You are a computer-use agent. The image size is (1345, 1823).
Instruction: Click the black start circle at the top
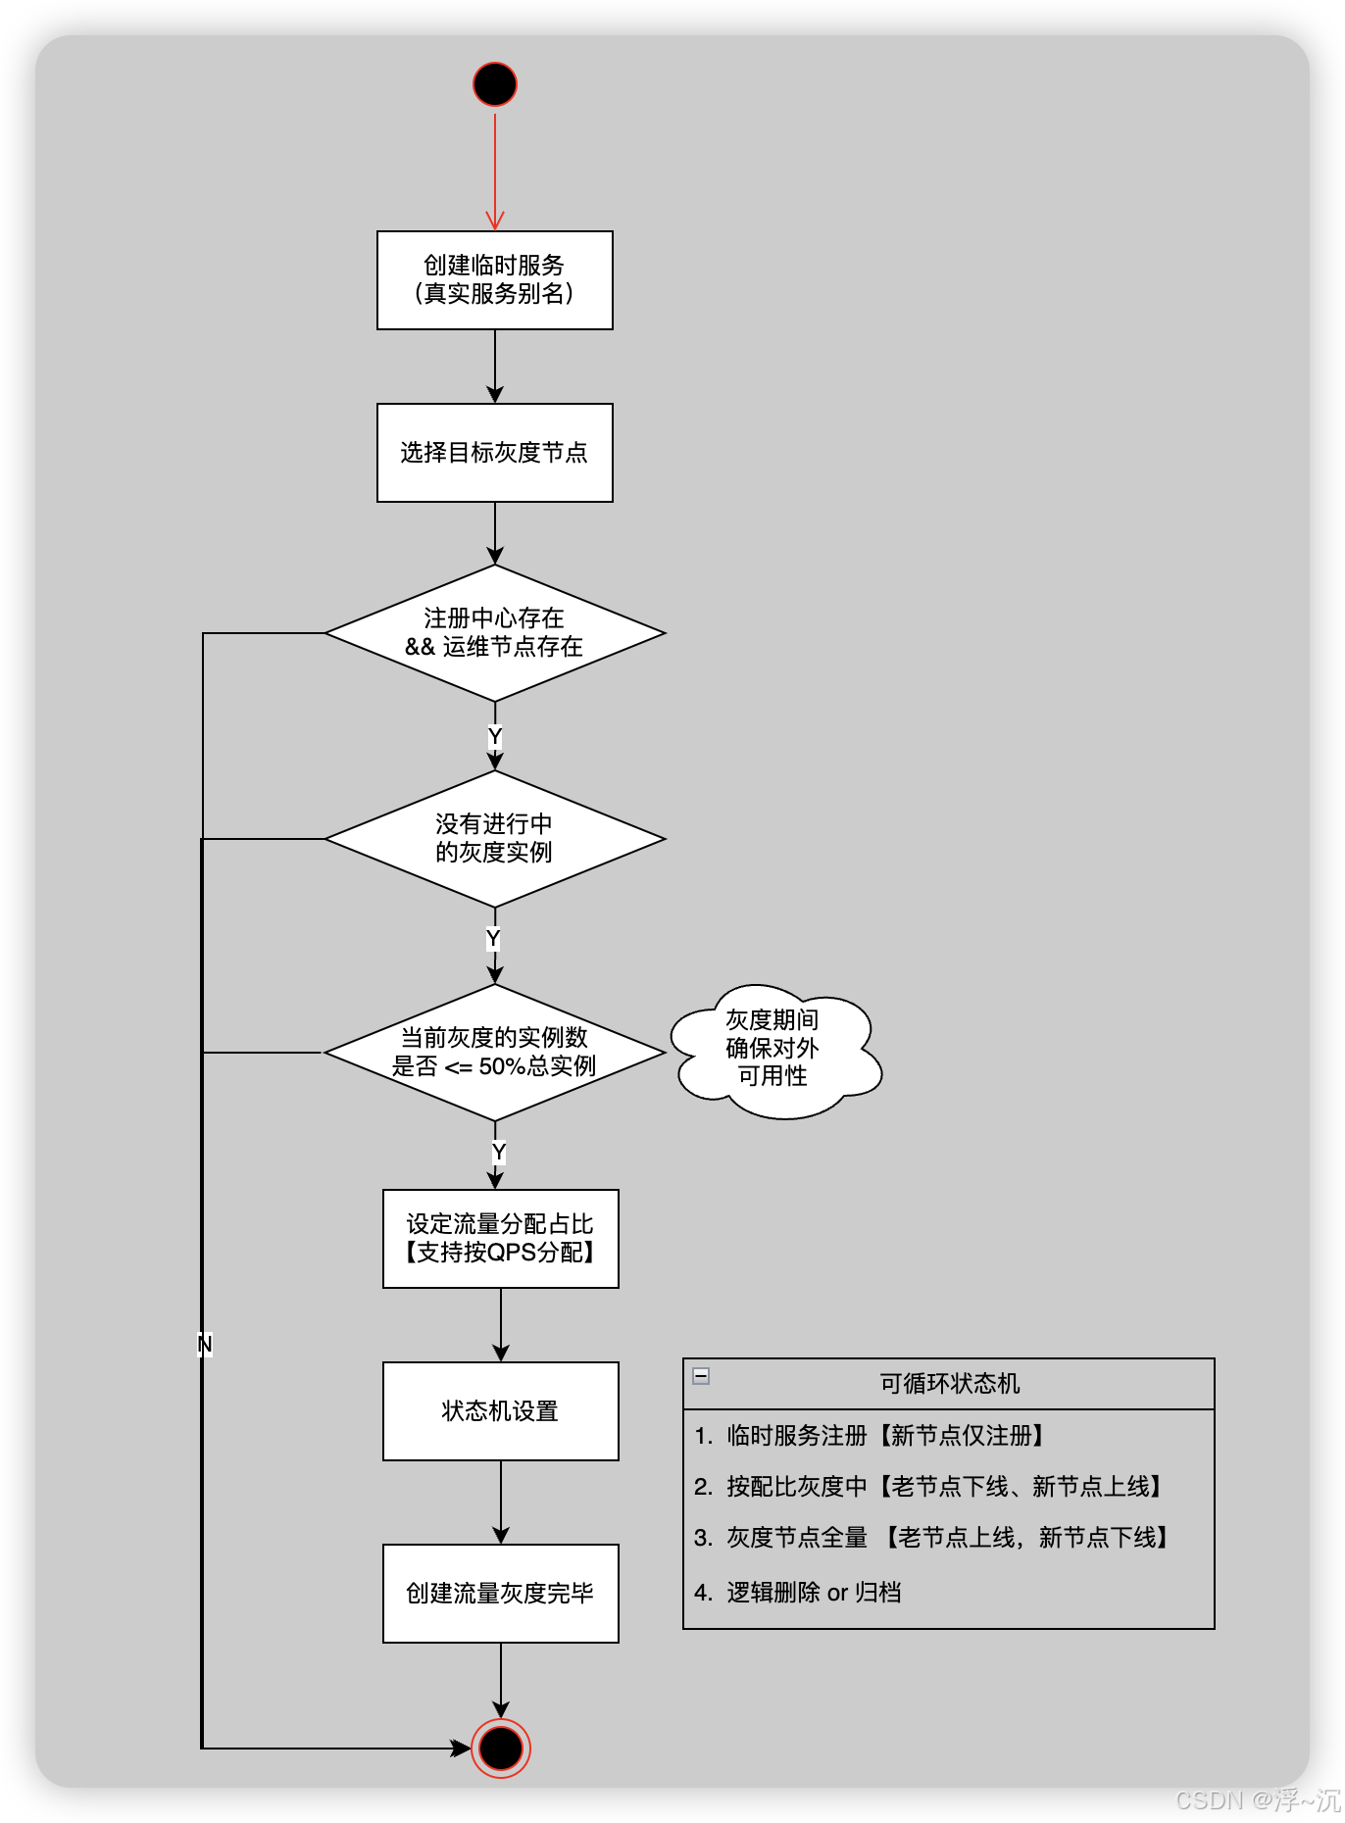click(x=495, y=84)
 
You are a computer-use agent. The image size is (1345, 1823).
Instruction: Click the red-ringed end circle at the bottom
click(x=501, y=1749)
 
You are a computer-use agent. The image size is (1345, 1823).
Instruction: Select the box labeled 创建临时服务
click(x=495, y=280)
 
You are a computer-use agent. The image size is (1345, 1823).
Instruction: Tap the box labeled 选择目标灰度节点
click(x=495, y=453)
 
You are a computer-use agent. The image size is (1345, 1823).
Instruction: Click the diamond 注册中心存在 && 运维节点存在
click(x=495, y=633)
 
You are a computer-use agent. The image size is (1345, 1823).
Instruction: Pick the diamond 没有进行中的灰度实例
click(x=495, y=839)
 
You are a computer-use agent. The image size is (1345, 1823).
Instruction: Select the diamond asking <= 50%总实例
click(x=495, y=1053)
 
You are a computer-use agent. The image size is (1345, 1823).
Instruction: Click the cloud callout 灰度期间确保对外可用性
click(x=773, y=1050)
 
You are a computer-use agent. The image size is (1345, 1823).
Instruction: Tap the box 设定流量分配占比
click(x=501, y=1239)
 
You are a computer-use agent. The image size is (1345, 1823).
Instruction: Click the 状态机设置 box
click(x=501, y=1411)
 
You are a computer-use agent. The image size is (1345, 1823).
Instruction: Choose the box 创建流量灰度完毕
click(x=501, y=1594)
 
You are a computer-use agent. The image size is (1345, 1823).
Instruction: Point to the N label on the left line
click(x=204, y=1344)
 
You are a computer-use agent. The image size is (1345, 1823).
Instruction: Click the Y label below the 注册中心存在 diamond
click(x=495, y=736)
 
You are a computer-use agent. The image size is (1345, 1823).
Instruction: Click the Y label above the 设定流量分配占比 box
click(x=499, y=1152)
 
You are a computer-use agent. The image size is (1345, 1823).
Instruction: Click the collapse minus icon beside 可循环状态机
click(x=701, y=1376)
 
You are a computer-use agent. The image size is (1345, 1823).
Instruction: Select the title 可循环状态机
click(x=950, y=1384)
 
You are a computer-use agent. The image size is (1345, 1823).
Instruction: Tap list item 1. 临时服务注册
click(x=871, y=1436)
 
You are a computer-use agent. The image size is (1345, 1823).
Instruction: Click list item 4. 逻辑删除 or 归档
click(x=798, y=1593)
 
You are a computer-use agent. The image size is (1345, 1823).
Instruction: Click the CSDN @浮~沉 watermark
click(x=1256, y=1799)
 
